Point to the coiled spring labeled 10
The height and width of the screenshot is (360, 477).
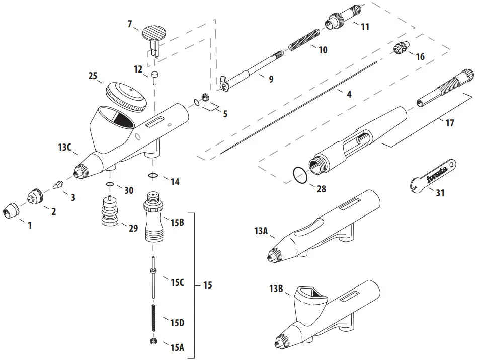pyautogui.click(x=304, y=40)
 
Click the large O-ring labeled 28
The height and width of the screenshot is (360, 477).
pyautogui.click(x=300, y=176)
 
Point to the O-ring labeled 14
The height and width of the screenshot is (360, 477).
pyautogui.click(x=154, y=175)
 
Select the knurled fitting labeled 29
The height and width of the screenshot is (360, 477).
pyautogui.click(x=110, y=211)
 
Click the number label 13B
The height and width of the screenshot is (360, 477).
pyautogui.click(x=276, y=289)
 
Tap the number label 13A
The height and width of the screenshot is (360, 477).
pyautogui.click(x=261, y=231)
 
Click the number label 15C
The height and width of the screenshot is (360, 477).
pyautogui.click(x=177, y=282)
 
